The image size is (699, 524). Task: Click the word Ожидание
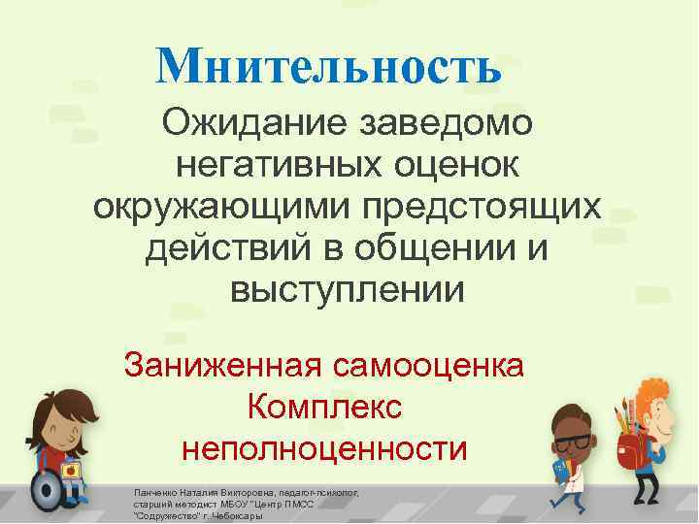point(253,124)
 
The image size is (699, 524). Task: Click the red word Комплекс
point(324,408)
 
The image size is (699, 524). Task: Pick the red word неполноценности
point(324,449)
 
